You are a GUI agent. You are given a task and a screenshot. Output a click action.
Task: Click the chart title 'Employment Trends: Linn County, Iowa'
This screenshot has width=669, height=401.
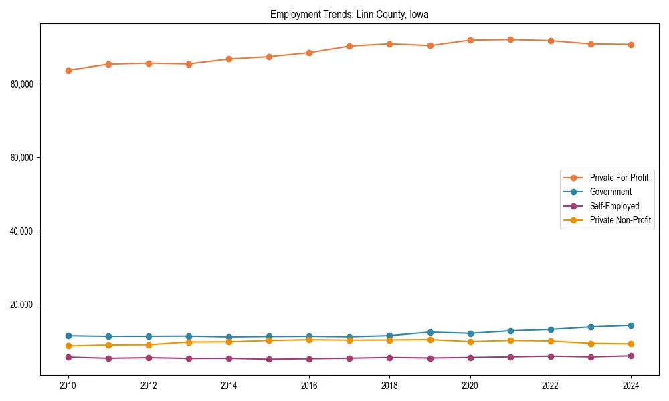349,14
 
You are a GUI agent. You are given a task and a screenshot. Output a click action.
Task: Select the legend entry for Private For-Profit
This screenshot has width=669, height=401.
618,178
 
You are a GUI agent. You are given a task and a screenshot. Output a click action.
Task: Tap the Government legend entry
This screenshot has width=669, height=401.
610,192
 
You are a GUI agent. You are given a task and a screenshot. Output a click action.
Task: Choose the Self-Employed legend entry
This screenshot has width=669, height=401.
614,206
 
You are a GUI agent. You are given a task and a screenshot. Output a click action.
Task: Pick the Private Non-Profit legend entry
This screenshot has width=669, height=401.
620,220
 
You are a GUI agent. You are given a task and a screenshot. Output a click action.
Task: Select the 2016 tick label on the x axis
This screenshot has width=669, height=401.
309,386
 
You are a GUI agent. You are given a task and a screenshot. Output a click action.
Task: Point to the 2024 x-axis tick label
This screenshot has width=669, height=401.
631,386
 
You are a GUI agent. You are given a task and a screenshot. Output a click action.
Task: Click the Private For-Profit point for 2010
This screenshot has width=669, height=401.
68,70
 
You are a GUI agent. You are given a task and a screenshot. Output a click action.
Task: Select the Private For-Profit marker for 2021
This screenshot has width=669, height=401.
510,39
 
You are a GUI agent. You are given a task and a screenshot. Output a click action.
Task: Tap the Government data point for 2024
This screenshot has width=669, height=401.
631,325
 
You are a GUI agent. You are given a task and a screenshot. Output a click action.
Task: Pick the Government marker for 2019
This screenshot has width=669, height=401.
430,332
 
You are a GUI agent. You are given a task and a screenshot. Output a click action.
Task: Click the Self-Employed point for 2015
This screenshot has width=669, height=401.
269,359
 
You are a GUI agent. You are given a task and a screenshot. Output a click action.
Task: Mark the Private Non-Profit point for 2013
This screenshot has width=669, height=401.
189,342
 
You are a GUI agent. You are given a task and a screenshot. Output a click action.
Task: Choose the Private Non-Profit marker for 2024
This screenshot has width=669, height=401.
631,344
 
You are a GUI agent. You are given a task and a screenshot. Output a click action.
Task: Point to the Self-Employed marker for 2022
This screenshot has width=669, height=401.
551,356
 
